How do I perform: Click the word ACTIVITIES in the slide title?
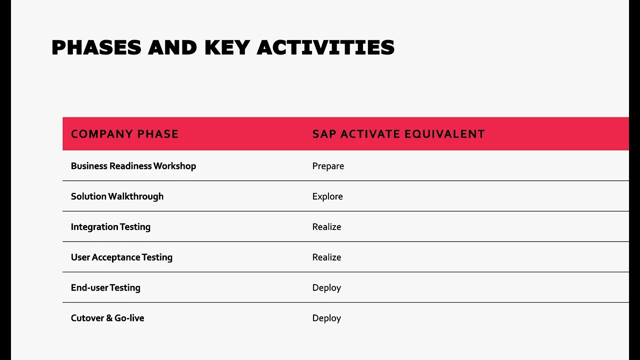point(325,48)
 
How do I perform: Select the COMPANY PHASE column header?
point(124,134)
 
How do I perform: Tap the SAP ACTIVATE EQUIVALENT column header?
point(398,134)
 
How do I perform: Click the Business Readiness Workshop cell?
point(133,166)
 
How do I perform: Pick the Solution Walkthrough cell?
point(117,196)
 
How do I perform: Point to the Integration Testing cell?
point(110,227)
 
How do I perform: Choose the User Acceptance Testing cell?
point(121,257)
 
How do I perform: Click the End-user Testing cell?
point(105,288)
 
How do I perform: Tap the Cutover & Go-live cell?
point(107,318)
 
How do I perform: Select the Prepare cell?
point(328,166)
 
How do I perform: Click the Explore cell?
point(327,196)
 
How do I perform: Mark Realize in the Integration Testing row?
point(326,227)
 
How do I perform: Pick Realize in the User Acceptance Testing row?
point(326,257)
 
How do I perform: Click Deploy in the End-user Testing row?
point(326,288)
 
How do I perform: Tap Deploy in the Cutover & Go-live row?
point(326,318)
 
